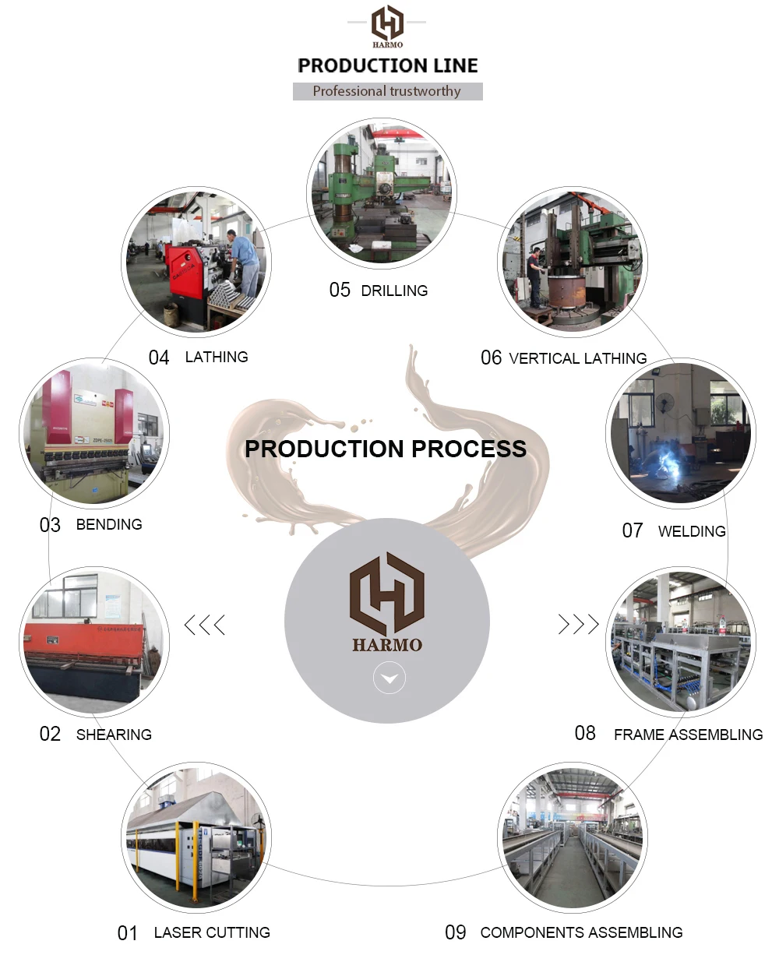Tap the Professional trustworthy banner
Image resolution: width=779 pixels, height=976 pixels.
(x=387, y=91)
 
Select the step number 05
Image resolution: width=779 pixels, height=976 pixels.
(x=340, y=291)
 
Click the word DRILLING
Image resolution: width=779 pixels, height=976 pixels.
(x=394, y=291)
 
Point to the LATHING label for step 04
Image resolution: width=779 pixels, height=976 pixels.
(x=217, y=357)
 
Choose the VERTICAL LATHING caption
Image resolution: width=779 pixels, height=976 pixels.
(x=577, y=358)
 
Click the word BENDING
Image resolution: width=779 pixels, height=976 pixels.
(x=109, y=524)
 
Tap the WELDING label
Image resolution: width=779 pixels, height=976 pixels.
(x=692, y=531)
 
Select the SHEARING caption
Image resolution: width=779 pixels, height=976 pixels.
(x=114, y=735)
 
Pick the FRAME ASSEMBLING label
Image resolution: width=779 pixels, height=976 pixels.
(x=688, y=735)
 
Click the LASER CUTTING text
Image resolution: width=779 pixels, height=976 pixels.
(x=212, y=932)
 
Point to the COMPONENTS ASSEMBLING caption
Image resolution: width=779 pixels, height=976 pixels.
(x=581, y=932)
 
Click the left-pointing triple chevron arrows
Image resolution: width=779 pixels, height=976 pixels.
(x=205, y=625)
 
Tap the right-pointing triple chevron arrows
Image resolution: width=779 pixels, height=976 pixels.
(x=578, y=624)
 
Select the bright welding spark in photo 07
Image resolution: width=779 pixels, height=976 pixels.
(x=664, y=465)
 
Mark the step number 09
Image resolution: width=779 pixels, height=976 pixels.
(x=456, y=932)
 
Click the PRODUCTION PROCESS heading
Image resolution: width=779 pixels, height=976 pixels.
(x=386, y=449)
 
